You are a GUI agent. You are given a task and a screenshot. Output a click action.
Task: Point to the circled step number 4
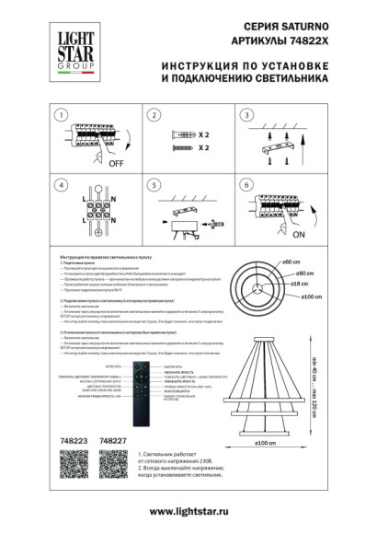click(x=62, y=185)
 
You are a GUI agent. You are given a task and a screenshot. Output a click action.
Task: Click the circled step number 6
click(x=246, y=185)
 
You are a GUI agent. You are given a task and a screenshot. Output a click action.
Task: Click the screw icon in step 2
click(x=180, y=146)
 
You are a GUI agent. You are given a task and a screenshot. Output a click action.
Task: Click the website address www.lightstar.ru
click(x=188, y=511)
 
